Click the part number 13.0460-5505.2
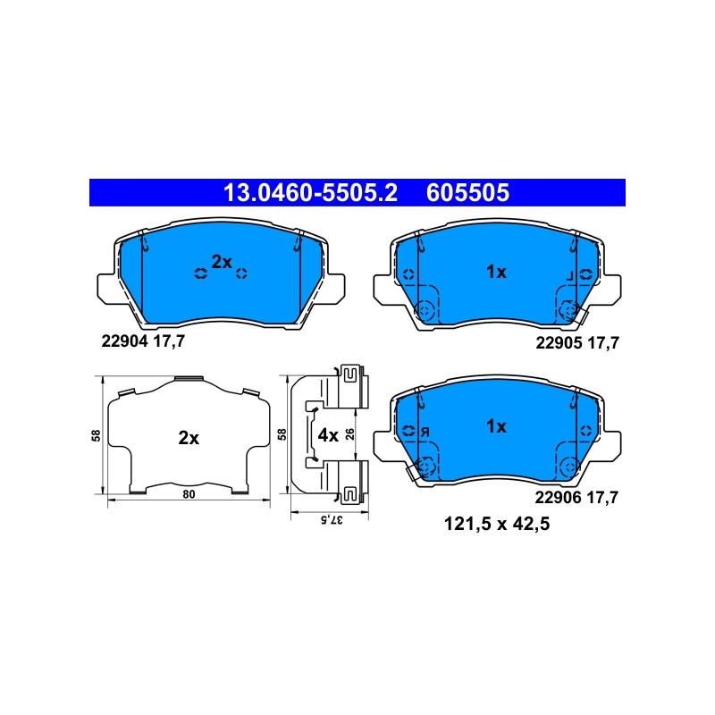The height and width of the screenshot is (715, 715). coord(310,192)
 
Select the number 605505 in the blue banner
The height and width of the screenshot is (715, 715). coord(467,192)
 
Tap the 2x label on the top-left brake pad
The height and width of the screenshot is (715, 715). coord(222,262)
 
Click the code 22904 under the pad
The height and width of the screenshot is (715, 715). coord(124,341)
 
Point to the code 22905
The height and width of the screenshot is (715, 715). coord(559,342)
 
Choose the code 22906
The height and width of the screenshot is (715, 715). coord(558,497)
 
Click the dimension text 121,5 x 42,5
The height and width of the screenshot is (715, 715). coord(497,524)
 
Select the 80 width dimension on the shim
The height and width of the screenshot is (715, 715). coord(189,494)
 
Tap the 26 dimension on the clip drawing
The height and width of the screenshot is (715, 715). coord(349,434)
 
